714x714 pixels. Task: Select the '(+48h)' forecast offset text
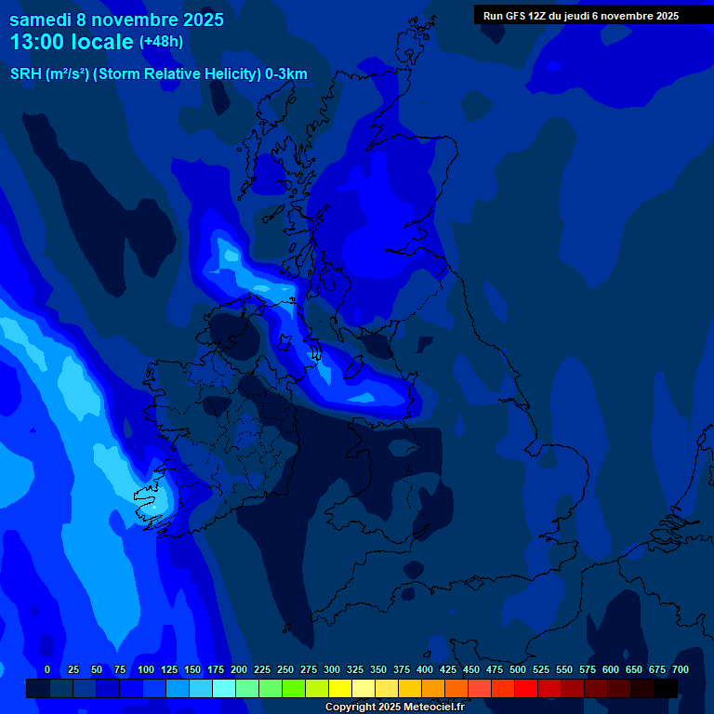point(161,42)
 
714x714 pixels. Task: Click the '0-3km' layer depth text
point(285,74)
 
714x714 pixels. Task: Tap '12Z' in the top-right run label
point(540,16)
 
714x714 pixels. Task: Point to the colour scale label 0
point(47,669)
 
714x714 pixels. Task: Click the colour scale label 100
point(146,669)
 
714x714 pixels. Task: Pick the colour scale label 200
point(239,669)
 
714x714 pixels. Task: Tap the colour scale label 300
point(332,669)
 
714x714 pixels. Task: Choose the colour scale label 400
point(425,669)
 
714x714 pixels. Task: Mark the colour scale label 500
point(518,669)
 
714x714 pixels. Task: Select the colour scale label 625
point(634,669)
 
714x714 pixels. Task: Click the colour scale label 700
point(681,669)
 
